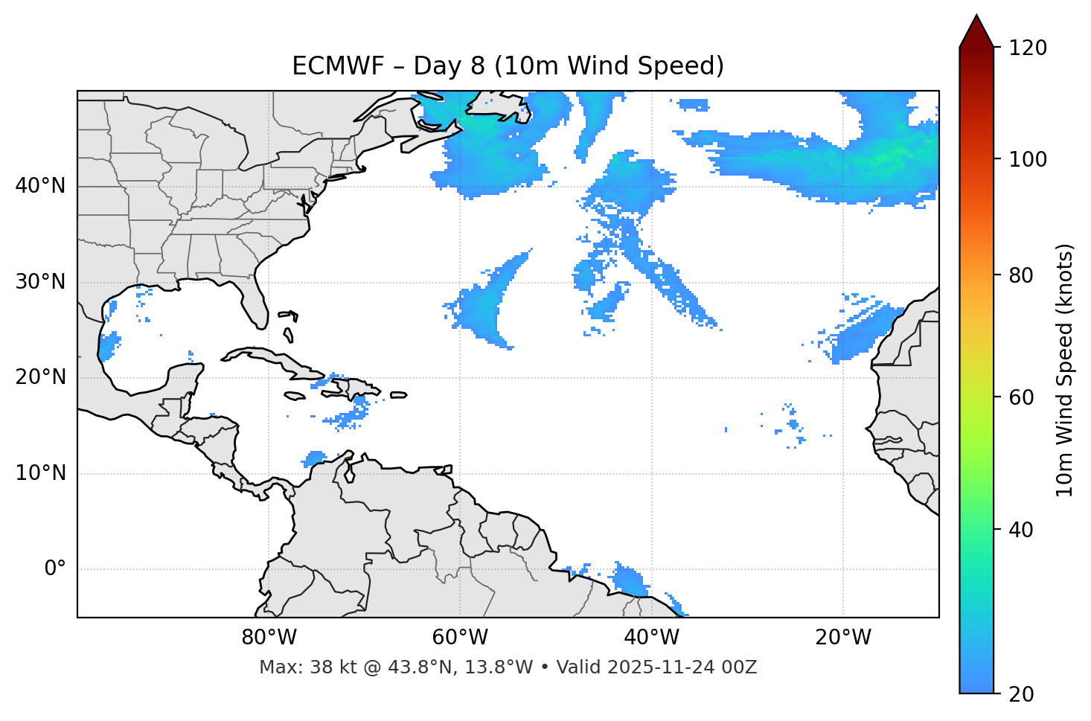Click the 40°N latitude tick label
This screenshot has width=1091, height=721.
[40, 186]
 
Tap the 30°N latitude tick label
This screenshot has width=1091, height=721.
[40, 282]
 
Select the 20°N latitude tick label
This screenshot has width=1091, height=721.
[40, 377]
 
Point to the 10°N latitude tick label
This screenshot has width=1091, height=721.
[40, 473]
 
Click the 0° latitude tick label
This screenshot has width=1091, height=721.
[55, 569]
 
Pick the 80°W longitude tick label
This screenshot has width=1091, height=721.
[269, 638]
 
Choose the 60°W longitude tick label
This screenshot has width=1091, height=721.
[460, 638]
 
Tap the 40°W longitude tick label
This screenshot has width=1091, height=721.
[651, 638]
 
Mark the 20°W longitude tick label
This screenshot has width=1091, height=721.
[843, 638]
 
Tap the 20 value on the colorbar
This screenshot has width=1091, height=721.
[1021, 694]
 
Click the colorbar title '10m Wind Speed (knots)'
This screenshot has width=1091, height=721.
[1064, 371]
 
